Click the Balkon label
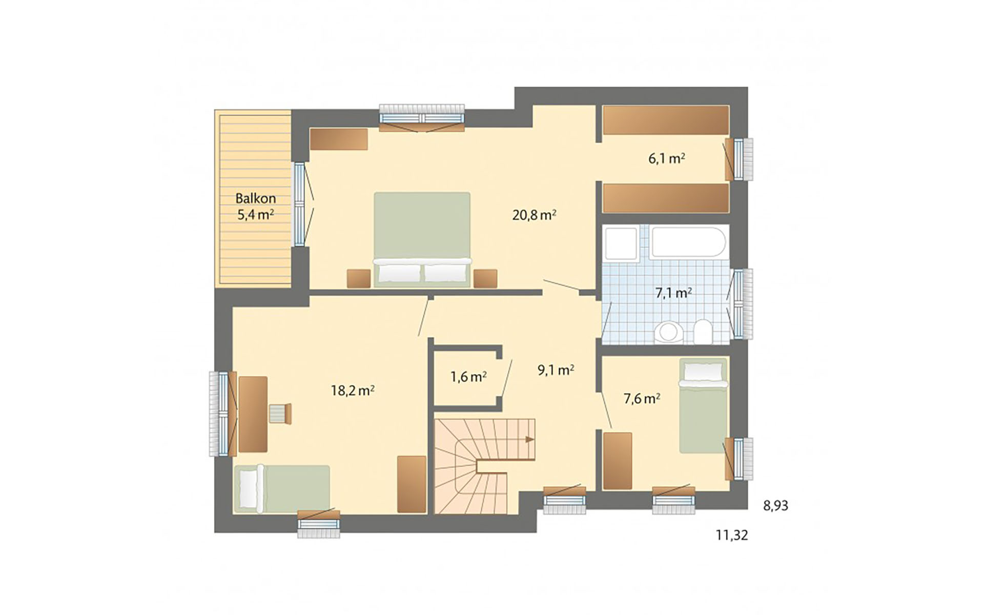point(256,198)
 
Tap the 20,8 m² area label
point(535,215)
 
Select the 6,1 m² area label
point(667,158)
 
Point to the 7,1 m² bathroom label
point(674,293)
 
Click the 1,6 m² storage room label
point(468,377)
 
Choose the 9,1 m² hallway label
point(556,370)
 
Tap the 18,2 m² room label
point(353,391)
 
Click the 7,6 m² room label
point(642,399)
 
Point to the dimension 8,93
point(776,506)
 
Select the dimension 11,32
point(732,536)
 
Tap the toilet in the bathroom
point(703,332)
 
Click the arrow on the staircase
point(529,439)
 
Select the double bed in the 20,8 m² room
point(422,239)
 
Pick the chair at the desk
point(280,413)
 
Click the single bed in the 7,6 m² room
point(703,405)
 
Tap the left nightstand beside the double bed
point(359,278)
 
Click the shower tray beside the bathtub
point(621,243)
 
